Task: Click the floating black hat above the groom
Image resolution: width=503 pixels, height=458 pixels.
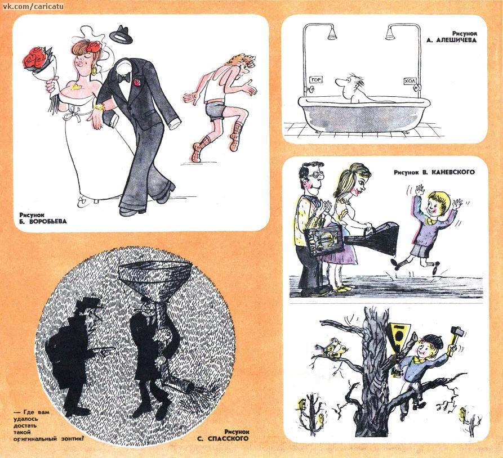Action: (121, 34)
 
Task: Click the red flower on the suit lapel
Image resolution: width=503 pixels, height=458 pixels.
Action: (137, 82)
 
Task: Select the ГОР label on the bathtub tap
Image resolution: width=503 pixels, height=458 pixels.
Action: (315, 79)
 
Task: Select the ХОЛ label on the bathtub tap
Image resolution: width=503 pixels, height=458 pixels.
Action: (409, 82)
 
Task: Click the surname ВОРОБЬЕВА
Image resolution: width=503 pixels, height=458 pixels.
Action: (47, 222)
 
